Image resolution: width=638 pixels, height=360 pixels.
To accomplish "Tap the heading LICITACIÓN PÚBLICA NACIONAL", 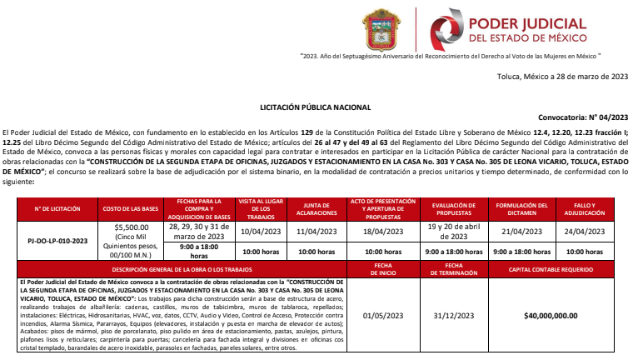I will click(316, 107).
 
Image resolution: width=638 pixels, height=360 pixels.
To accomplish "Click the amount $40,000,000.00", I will click(551, 315).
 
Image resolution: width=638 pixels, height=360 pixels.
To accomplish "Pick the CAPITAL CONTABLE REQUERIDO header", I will click(551, 270).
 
